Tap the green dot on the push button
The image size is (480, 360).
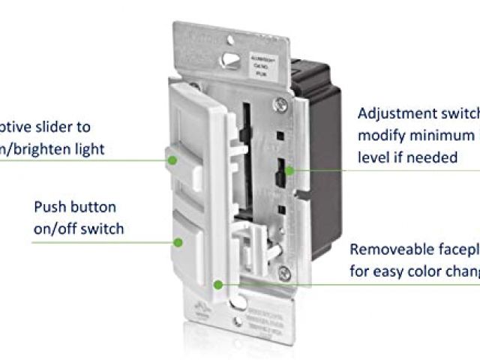pos(178,241)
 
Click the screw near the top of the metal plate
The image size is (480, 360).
pos(280,99)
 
